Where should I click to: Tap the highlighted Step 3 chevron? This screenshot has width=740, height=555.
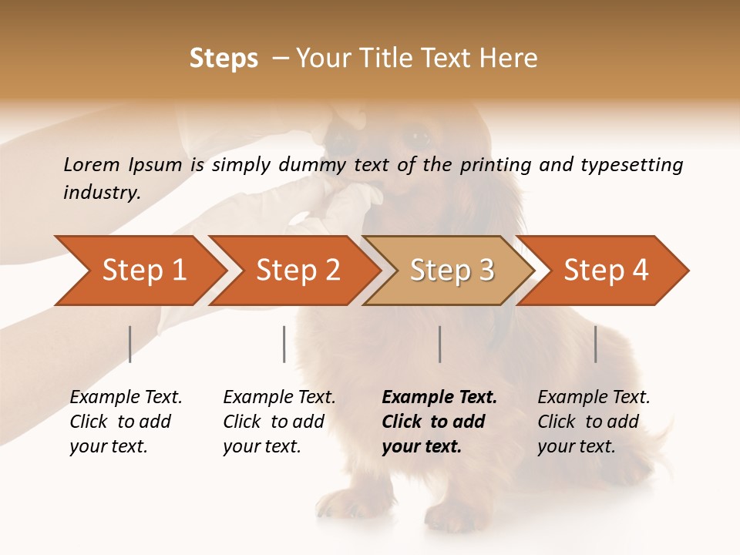(x=451, y=270)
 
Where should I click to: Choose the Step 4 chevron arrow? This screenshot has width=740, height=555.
(x=605, y=270)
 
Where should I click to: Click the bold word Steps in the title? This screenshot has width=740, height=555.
(x=224, y=59)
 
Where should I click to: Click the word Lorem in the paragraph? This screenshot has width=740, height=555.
(x=91, y=164)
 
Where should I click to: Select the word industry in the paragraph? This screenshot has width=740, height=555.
(x=101, y=193)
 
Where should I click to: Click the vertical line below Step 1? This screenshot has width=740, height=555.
(x=129, y=344)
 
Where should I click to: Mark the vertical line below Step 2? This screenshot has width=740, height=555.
(x=284, y=344)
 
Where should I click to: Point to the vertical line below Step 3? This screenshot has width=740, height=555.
(x=439, y=344)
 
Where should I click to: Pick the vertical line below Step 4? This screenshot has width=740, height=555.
(x=595, y=344)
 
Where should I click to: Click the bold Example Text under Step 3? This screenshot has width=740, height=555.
(x=439, y=398)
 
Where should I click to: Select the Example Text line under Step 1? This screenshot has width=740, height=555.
(x=126, y=398)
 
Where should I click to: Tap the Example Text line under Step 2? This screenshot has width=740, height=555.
(x=279, y=398)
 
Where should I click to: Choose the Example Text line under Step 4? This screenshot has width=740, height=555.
(x=594, y=398)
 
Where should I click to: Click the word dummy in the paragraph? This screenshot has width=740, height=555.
(x=315, y=165)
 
